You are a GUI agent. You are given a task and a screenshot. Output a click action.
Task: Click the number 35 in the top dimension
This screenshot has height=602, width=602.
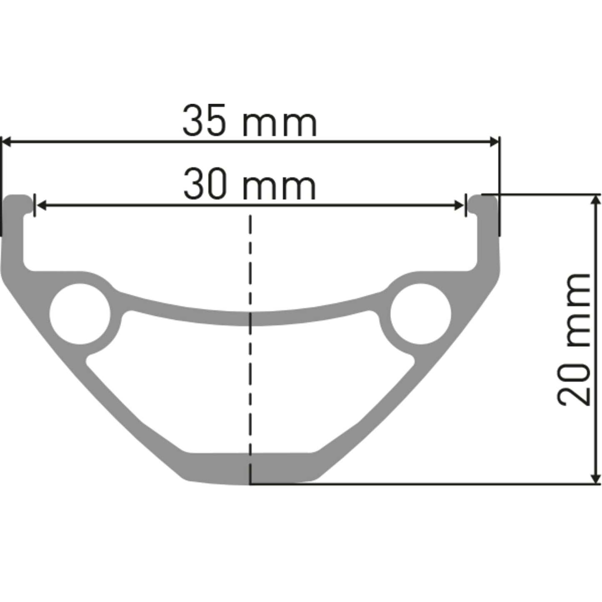pos(204,121)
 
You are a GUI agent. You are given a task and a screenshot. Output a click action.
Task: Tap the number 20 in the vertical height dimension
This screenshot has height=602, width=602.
pos(574,384)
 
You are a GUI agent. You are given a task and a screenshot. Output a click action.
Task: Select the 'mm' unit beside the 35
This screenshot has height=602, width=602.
pos(280,124)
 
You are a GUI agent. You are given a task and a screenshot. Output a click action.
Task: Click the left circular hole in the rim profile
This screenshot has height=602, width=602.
pos(80,314)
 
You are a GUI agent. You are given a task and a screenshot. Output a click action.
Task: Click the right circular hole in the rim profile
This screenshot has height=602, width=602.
pos(421,314)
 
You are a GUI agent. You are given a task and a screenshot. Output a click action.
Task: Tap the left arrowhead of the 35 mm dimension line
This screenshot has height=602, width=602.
pos(7,142)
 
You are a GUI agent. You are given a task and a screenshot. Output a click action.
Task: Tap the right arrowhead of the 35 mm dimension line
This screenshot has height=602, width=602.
pos(494,142)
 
